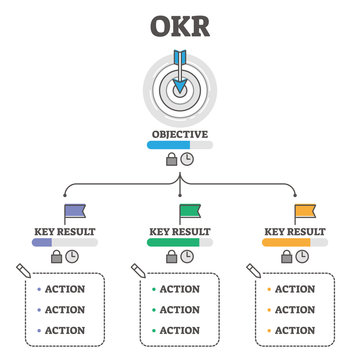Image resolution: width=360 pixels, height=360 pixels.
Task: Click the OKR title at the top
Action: [180, 21]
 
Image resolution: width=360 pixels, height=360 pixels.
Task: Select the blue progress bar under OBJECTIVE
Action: [180, 145]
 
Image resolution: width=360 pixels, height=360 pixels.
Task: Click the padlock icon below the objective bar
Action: [171, 159]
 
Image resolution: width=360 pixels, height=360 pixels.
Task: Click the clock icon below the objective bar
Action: [189, 159]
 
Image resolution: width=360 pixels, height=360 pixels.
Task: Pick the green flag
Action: [189, 213]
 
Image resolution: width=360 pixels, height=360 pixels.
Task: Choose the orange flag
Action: [304, 213]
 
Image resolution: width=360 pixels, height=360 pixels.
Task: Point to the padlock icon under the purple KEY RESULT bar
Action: [56, 256]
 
